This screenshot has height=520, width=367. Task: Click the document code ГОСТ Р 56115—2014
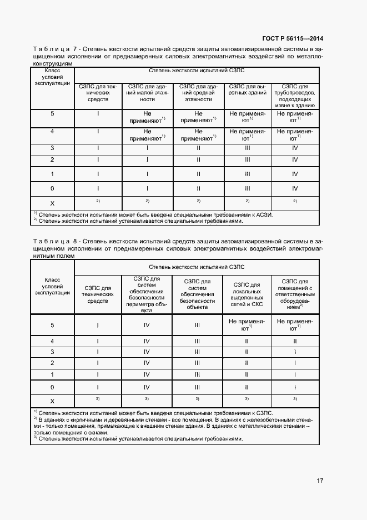[293, 38]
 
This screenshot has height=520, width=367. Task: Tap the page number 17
[320, 481]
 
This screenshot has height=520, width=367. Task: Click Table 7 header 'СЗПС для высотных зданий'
[247, 93]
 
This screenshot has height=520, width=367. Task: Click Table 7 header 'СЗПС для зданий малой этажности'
[147, 93]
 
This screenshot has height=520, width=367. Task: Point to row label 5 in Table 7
[52, 113]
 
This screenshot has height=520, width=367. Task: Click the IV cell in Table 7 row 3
[295, 148]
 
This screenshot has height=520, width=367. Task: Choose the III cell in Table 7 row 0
[247, 188]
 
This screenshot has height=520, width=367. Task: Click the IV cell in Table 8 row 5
[147, 325]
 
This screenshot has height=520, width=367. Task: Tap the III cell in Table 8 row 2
[197, 363]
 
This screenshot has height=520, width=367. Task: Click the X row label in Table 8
[52, 401]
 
